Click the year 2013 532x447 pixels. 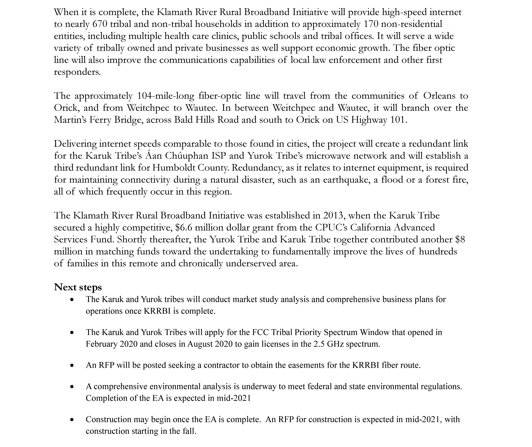click(x=333, y=215)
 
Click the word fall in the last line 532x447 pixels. click(x=191, y=431)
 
